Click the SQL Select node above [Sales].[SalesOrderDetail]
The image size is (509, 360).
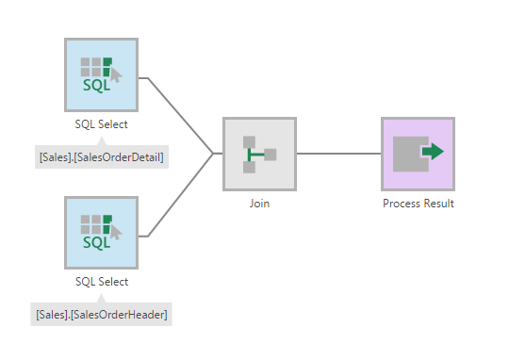[x=101, y=75]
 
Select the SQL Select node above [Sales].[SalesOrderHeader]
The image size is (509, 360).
[x=101, y=234]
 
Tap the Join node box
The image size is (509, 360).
[x=259, y=154]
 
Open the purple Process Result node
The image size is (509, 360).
[x=418, y=154]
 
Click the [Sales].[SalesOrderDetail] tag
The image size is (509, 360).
[x=101, y=156]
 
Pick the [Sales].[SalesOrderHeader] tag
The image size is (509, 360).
[x=102, y=314]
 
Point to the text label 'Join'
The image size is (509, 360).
[x=259, y=203]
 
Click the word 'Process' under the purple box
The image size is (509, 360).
[x=402, y=203]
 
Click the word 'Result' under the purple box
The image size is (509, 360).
[x=438, y=203]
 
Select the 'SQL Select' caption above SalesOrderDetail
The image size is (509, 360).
[x=101, y=123]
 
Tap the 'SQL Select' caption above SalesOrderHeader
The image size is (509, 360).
[x=101, y=281]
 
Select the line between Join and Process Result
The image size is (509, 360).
[x=338, y=154]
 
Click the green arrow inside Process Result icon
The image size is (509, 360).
[x=432, y=151]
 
